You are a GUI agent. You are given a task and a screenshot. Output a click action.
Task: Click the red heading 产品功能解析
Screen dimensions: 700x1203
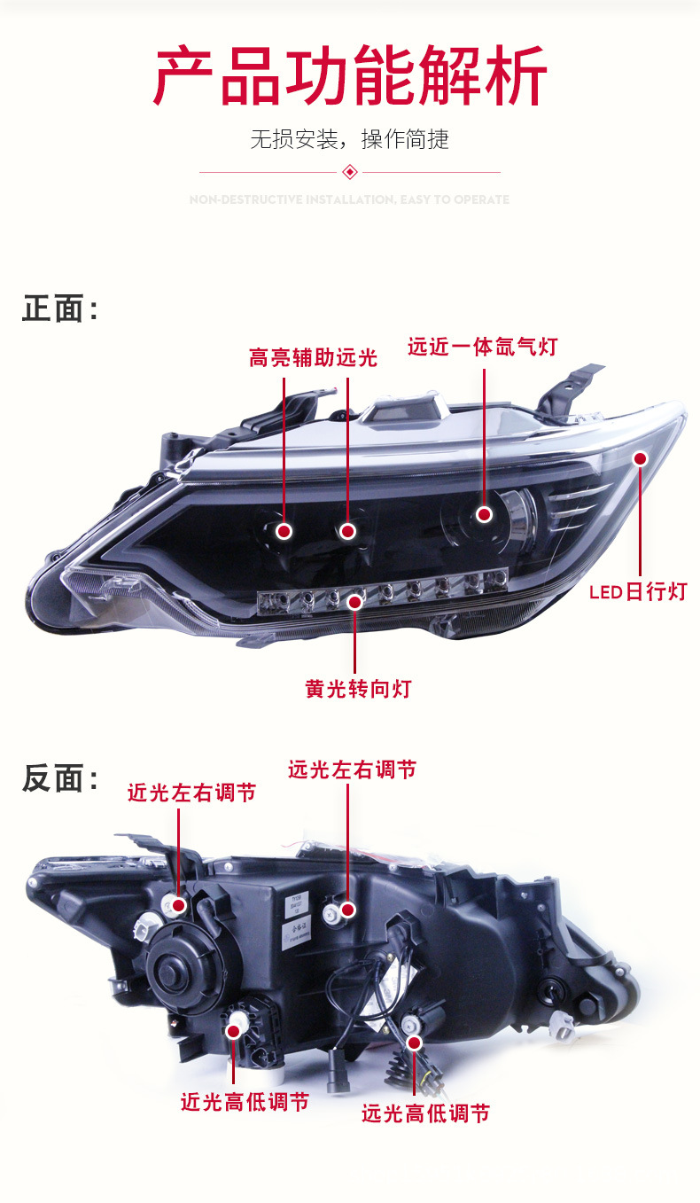click(x=350, y=78)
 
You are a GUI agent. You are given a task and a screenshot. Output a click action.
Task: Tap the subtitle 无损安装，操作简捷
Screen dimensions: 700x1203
click(x=350, y=139)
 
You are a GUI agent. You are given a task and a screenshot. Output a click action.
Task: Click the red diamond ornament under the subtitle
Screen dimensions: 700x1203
click(x=350, y=171)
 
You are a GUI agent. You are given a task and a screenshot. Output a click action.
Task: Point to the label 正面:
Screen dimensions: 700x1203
click(x=59, y=309)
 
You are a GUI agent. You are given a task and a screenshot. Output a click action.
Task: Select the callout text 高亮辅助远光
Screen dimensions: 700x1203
click(x=313, y=357)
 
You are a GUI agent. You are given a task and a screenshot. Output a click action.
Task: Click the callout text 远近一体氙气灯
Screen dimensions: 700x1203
click(x=482, y=346)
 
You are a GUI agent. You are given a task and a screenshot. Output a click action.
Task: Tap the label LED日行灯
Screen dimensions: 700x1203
click(x=638, y=591)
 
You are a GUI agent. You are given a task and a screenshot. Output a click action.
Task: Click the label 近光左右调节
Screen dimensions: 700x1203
click(x=191, y=792)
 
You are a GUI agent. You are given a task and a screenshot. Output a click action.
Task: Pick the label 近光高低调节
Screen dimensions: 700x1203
click(x=245, y=1102)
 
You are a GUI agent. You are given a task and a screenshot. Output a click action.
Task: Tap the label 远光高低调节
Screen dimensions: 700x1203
click(x=425, y=1113)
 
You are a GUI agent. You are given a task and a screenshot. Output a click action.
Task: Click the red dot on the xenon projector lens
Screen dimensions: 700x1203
click(x=484, y=514)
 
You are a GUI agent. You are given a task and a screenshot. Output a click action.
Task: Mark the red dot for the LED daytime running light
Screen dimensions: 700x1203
click(x=640, y=458)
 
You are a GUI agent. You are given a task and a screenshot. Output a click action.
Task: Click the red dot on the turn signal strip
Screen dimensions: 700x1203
click(x=354, y=602)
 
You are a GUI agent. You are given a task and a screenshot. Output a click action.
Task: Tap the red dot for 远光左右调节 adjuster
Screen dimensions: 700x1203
click(x=347, y=909)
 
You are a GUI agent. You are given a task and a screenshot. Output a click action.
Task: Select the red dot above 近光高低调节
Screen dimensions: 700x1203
click(x=235, y=1030)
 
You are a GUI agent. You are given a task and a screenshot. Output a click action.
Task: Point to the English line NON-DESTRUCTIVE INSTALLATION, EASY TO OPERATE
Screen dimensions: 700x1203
click(x=350, y=199)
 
